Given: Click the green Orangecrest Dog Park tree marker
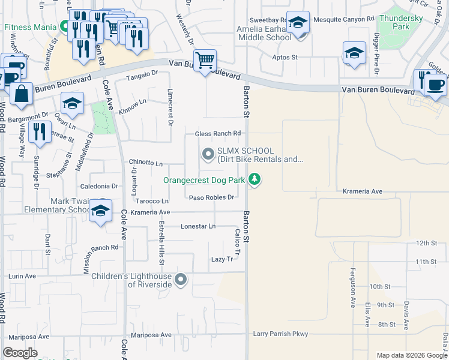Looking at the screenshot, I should [x=255, y=179].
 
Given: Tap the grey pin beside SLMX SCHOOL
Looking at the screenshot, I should [x=208, y=155].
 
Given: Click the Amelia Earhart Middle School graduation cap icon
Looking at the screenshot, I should [x=298, y=23].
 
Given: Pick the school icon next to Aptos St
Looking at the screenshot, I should [x=354, y=53].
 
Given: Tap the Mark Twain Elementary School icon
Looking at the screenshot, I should [x=101, y=211].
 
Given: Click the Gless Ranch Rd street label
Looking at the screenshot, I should [x=218, y=133].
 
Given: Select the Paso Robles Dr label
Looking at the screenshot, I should [x=211, y=197].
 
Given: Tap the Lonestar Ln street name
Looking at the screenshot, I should [x=198, y=226].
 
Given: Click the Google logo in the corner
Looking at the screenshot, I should [x=20, y=352].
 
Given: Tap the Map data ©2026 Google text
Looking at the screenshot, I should [x=411, y=355].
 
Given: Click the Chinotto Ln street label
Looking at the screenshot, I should [x=146, y=163].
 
